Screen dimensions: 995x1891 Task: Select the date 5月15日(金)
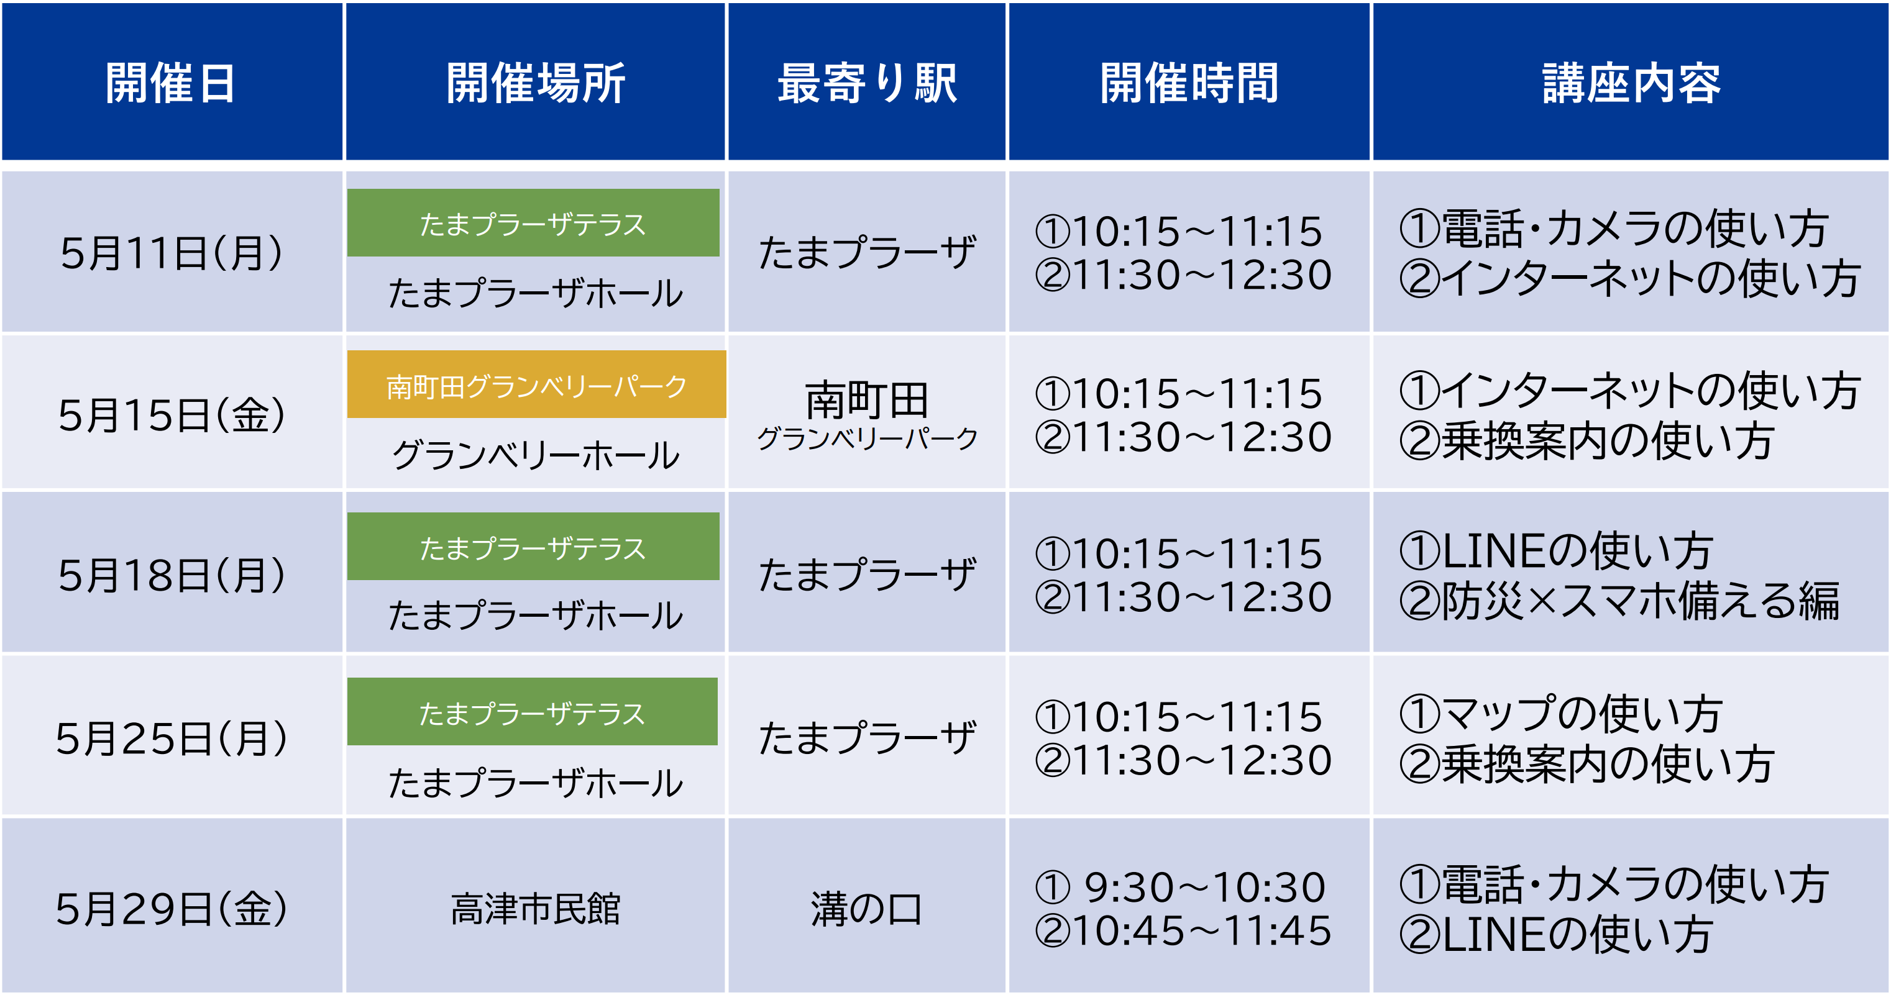[x=171, y=415]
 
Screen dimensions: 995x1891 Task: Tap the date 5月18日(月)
[x=171, y=575]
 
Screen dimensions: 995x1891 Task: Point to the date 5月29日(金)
[x=171, y=909]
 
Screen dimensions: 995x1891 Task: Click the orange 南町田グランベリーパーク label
[x=537, y=385]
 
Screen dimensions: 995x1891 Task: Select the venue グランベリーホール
[x=536, y=455]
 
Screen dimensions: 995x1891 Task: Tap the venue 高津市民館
[x=535, y=909]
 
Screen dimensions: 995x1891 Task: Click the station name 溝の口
[x=866, y=909]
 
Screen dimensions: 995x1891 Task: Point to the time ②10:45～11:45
[x=1183, y=930]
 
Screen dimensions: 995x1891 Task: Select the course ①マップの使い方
[x=1560, y=713]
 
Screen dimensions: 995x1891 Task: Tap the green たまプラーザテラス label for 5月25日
[x=532, y=712]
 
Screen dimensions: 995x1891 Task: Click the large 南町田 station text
[x=866, y=400]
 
